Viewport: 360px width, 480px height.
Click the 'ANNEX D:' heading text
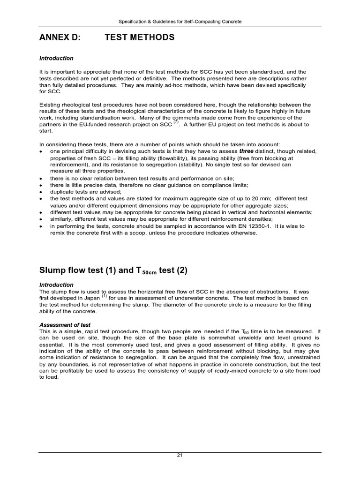pos(60,37)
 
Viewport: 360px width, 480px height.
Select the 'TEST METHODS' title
pos(140,37)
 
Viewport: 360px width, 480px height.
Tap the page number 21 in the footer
pos(180,456)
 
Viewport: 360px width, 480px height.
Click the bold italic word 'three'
pos(247,151)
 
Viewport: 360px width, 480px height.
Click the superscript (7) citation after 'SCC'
pos(176,122)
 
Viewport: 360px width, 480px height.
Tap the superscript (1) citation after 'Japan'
pos(104,296)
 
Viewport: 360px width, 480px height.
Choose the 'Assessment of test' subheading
pos(65,325)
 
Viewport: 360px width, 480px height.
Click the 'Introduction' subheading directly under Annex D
pos(56,59)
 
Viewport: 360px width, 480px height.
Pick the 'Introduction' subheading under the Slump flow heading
pos(56,285)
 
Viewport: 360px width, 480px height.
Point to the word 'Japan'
pos(91,298)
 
